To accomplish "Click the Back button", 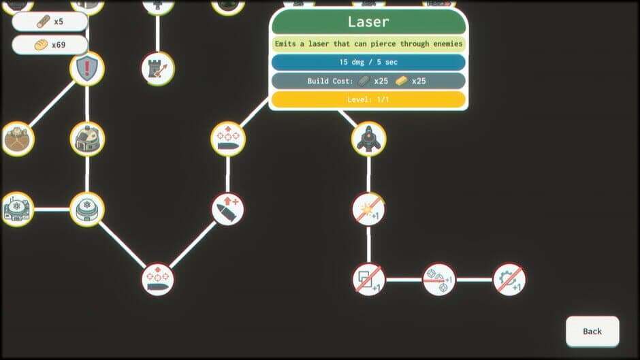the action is [x=592, y=331].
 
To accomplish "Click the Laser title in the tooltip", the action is [x=368, y=22].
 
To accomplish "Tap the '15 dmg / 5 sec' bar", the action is [x=368, y=62].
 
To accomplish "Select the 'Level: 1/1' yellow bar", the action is [x=368, y=99].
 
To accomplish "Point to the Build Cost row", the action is [x=368, y=81].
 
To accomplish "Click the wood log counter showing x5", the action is [x=50, y=22].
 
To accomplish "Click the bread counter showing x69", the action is [x=50, y=45].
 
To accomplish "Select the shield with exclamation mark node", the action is [x=87, y=69].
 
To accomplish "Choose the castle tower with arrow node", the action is [x=158, y=69].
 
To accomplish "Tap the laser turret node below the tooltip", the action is [x=368, y=139].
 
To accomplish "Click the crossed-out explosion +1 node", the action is [x=368, y=210].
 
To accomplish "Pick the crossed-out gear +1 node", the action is [x=509, y=280].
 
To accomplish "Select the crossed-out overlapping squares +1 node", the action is [x=368, y=280].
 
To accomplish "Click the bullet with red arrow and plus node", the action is [x=228, y=210].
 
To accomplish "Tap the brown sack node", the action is [x=17, y=139].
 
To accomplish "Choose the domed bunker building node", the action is [x=87, y=139].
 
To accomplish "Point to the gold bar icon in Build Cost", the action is [x=401, y=81].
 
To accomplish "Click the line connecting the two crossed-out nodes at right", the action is [x=475, y=280].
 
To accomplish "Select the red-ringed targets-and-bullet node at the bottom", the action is [x=158, y=280].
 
